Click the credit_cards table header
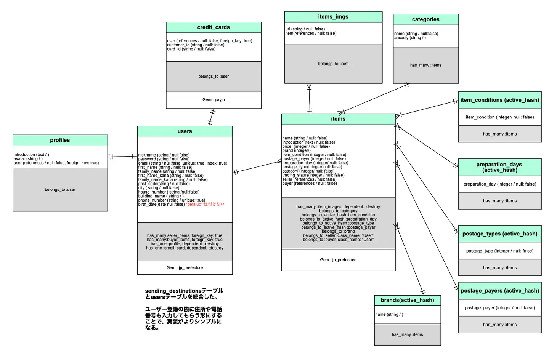coord(213,27)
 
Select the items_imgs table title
coord(333,17)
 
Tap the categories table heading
coord(425,19)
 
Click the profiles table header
coord(60,140)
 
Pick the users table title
coord(185,131)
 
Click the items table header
coord(338,119)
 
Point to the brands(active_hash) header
coord(407,300)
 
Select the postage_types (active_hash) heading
coord(499,234)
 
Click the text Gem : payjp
coord(213,100)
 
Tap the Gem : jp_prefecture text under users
coord(185,268)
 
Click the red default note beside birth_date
coord(205,204)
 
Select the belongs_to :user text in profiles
coord(60,190)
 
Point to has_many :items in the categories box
coord(425,65)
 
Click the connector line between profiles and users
coord(122,157)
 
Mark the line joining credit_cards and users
coord(211,117)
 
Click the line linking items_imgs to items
coord(309,98)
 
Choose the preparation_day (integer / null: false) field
coord(499,184)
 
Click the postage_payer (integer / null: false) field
coord(499,308)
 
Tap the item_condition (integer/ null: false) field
coord(499,117)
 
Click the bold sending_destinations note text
coord(184,294)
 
